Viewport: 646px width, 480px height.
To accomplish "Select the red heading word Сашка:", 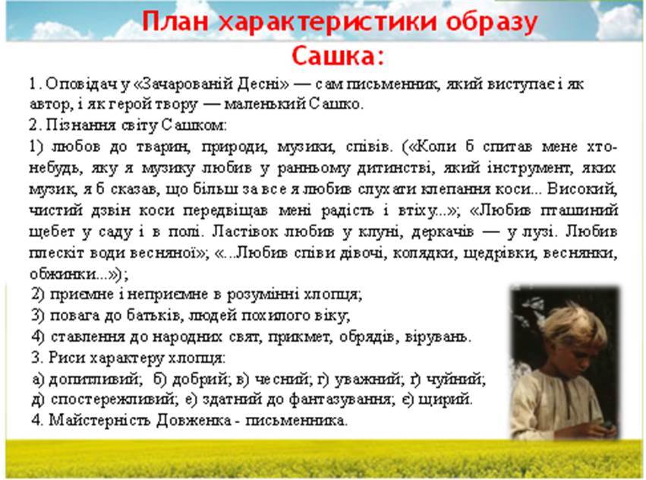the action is [337, 56].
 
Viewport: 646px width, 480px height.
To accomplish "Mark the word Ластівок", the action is [246, 232].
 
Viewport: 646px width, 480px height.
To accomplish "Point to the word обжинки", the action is [63, 274].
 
